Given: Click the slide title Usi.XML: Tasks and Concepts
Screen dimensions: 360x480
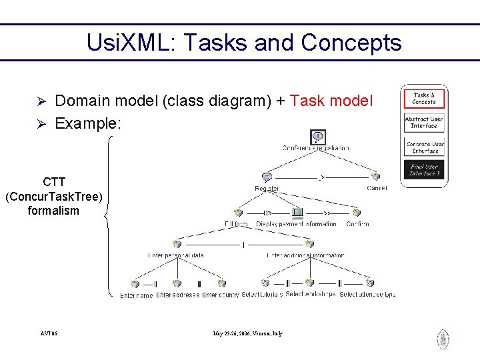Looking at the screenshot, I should click(244, 43).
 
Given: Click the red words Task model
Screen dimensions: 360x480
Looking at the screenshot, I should click(332, 101).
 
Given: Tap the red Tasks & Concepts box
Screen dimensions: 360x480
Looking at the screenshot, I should click(423, 99).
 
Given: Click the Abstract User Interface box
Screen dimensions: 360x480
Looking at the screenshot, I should click(423, 123).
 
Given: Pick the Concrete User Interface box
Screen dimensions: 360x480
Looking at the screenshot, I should click(423, 147).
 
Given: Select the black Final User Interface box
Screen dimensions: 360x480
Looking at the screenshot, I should click(423, 169).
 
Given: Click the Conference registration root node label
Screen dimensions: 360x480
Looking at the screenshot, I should click(315, 147).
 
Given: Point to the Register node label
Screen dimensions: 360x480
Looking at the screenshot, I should click(267, 189).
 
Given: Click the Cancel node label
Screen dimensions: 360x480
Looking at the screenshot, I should click(376, 189).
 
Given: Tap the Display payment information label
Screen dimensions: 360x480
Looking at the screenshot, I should click(296, 224).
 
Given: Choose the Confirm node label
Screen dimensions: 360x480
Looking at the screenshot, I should click(357, 224).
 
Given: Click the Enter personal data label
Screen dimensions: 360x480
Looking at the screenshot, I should click(176, 255).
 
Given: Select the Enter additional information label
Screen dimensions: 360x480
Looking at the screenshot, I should click(305, 255).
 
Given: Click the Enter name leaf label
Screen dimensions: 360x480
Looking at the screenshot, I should click(136, 295).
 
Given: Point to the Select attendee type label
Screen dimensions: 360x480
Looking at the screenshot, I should click(367, 295).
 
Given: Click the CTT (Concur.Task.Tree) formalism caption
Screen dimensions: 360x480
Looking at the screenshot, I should click(53, 196).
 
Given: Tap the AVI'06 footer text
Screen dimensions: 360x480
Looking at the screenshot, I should click(48, 333).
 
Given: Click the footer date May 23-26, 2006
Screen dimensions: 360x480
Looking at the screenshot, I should click(247, 333).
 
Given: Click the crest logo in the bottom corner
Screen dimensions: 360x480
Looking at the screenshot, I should click(443, 339).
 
